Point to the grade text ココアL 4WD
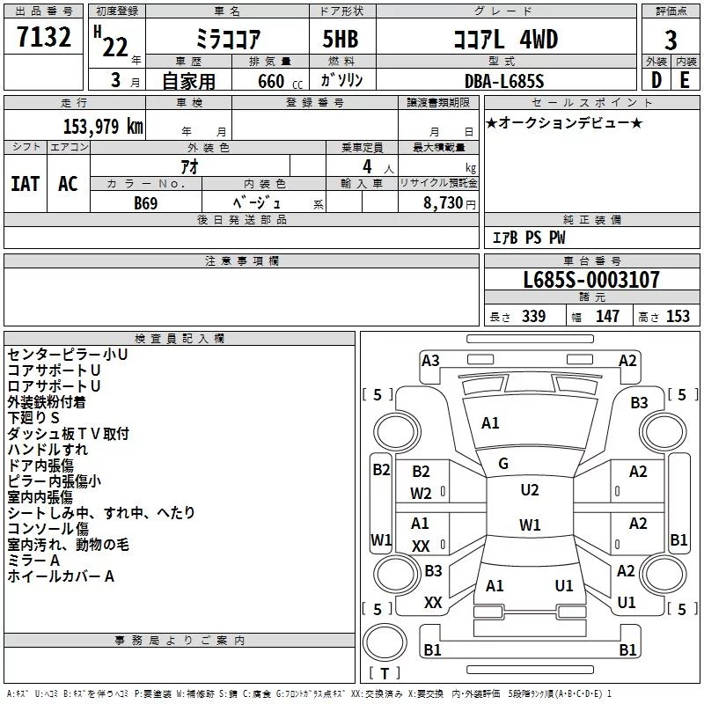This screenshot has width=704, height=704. (x=504, y=40)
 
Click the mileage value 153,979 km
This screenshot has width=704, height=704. (x=103, y=127)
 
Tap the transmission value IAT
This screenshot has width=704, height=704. (x=25, y=184)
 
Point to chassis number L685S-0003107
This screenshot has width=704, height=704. (x=590, y=281)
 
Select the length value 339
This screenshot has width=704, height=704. (x=532, y=317)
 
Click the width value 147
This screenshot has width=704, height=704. (x=607, y=317)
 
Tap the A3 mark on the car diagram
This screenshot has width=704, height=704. (x=430, y=360)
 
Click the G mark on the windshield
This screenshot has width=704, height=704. (x=503, y=464)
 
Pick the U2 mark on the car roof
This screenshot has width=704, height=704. (x=529, y=490)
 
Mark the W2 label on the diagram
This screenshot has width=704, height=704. (x=421, y=494)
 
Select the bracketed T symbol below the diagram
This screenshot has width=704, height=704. (x=385, y=674)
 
